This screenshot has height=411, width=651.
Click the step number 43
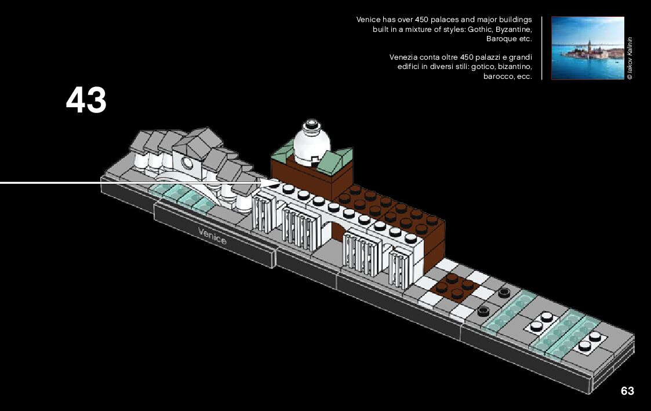[x=86, y=100]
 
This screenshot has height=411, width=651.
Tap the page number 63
[x=627, y=391]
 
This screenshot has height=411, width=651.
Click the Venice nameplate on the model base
[x=212, y=235]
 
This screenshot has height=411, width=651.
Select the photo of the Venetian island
[x=587, y=48]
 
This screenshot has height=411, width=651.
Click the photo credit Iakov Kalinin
[x=630, y=58]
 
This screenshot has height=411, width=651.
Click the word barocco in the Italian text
[x=497, y=77]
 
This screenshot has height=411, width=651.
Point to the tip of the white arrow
[x=278, y=183]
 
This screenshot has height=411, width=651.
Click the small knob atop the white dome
[x=312, y=123]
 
